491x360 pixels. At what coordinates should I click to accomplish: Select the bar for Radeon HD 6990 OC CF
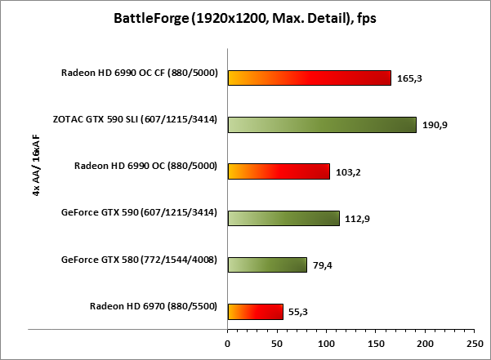pos(310,78)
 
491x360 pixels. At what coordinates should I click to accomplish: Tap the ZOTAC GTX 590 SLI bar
pos(322,125)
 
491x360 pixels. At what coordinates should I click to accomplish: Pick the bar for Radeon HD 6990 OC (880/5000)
pos(279,171)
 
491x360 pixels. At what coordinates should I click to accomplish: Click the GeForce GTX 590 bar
pos(283,218)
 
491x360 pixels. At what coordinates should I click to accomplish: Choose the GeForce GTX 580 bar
pos(267,264)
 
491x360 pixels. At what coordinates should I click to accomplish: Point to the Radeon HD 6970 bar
pos(255,311)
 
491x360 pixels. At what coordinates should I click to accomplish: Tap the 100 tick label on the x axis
pos(327,341)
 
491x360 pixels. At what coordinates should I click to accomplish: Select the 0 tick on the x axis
pos(228,341)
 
